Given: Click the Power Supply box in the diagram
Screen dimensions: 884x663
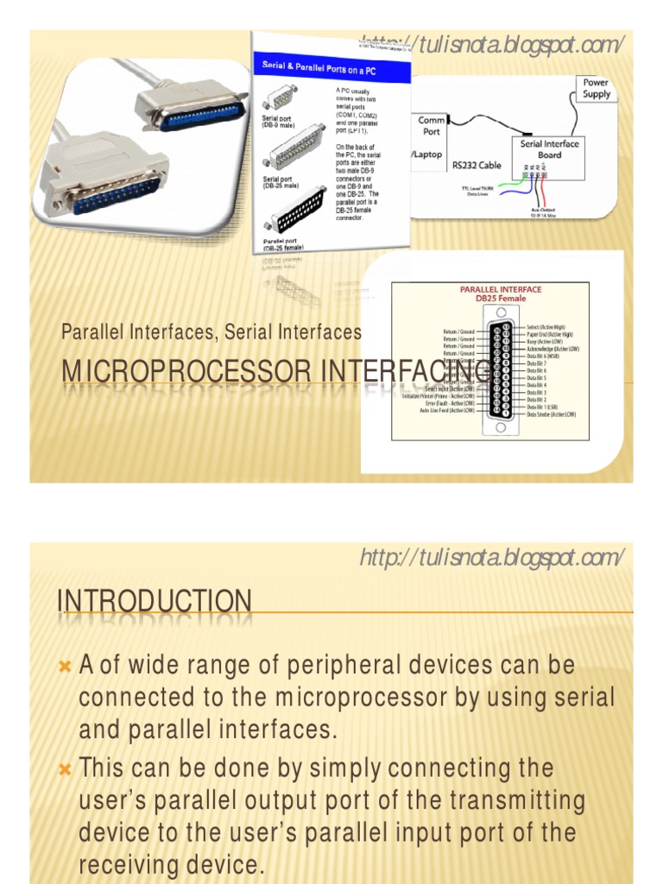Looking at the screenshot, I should [596, 88].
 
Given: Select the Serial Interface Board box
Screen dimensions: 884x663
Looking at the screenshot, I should [550, 149].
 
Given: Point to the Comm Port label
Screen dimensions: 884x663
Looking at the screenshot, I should [432, 126].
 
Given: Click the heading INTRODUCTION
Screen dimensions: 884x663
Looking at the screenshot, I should [155, 602].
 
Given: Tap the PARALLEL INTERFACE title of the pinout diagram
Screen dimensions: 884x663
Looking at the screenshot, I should [489, 290].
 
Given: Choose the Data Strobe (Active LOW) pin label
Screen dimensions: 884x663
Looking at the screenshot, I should [552, 414].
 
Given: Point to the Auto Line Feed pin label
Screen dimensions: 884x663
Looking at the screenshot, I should [446, 410].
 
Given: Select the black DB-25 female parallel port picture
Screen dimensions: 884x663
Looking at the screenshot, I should [297, 206].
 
